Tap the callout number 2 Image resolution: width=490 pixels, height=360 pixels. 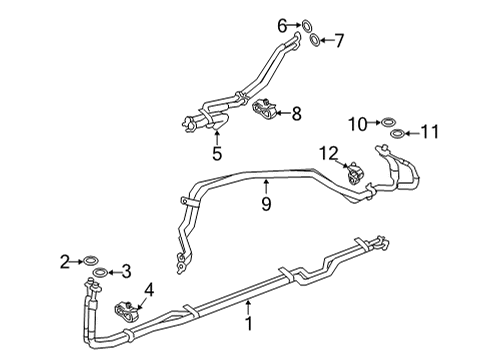point(65,262)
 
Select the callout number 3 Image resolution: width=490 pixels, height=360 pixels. point(125,271)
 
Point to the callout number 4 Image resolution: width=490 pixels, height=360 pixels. point(150,291)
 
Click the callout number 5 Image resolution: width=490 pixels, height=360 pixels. point(216,154)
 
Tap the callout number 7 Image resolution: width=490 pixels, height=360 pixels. point(338,40)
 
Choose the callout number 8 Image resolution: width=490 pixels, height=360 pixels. point(296,114)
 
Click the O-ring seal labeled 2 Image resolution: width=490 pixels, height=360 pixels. point(88,262)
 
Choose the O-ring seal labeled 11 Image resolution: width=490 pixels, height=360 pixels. point(398,133)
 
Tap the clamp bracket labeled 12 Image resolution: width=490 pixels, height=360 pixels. point(353,171)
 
